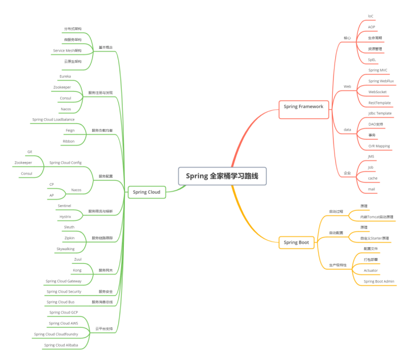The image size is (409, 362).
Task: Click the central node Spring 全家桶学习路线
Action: (x=222, y=176)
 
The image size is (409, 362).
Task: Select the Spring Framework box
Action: (x=303, y=106)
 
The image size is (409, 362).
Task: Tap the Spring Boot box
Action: (x=296, y=243)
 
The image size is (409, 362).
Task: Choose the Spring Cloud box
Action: (x=147, y=192)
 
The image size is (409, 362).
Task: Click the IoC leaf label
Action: (x=371, y=16)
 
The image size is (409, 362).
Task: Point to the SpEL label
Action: (x=372, y=59)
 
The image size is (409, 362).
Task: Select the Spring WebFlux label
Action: (x=381, y=81)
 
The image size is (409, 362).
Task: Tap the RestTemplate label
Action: (x=379, y=103)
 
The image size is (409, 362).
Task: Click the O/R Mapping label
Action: (x=379, y=146)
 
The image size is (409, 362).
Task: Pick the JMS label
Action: (x=371, y=156)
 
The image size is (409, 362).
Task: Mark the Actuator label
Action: (x=371, y=271)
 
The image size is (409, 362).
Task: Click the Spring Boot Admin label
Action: (x=379, y=281)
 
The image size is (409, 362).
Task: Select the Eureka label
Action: (x=65, y=76)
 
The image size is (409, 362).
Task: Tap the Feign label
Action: (x=70, y=130)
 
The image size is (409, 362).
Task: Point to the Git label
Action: (x=30, y=152)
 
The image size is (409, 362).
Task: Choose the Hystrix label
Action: (x=65, y=217)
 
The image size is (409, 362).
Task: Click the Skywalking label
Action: (x=65, y=249)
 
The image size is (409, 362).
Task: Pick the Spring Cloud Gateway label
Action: (x=64, y=281)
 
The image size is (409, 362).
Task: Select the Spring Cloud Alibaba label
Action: (x=61, y=345)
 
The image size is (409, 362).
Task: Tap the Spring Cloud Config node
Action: (x=65, y=163)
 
